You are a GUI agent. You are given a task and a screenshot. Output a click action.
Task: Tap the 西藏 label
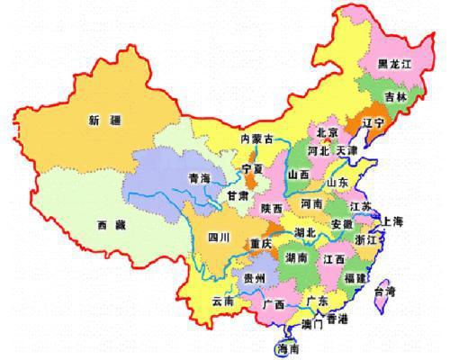tap(112, 225)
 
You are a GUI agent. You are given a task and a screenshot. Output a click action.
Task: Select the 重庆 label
tap(263, 244)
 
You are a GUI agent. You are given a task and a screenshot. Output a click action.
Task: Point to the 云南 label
tap(221, 301)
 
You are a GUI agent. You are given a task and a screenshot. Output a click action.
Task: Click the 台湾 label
tap(409, 292)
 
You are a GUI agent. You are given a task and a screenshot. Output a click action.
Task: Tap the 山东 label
tap(337, 182)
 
